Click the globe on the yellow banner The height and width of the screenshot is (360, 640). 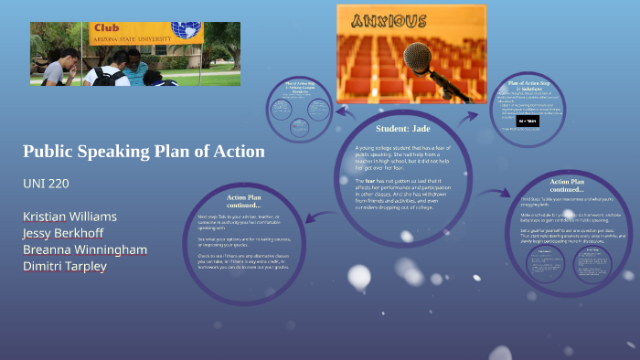(x=187, y=31)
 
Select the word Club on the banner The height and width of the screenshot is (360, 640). (x=106, y=27)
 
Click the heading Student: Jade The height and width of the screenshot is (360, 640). (x=402, y=128)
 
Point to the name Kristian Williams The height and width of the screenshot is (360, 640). (x=70, y=216)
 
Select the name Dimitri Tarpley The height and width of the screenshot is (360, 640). (x=67, y=266)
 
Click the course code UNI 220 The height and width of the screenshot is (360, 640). (x=46, y=184)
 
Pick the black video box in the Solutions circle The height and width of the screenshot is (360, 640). (x=528, y=121)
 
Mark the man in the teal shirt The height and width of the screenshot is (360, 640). (x=134, y=66)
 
